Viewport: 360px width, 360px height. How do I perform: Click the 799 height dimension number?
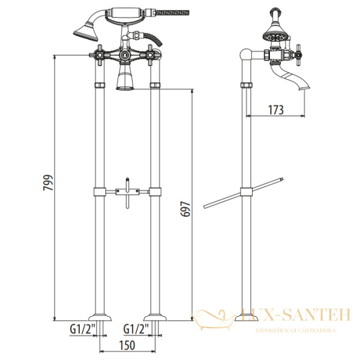(x=48, y=182)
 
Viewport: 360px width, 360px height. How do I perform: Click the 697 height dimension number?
(x=185, y=209)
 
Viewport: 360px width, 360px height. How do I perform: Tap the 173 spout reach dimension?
(x=276, y=110)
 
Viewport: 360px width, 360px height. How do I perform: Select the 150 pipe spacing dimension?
(x=127, y=346)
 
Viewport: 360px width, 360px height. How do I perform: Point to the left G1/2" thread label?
(x=83, y=329)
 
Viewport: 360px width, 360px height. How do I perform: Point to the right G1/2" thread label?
(x=136, y=329)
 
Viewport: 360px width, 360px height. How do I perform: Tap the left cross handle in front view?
(x=100, y=55)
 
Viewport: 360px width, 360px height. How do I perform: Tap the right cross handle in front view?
(x=150, y=55)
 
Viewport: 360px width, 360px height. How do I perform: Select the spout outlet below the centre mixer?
(x=125, y=78)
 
